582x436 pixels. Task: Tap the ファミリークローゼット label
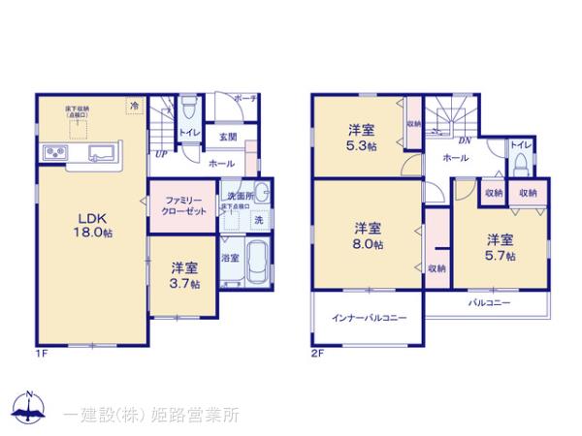pyautogui.click(x=183, y=205)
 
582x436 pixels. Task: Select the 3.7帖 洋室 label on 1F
pyautogui.click(x=186, y=275)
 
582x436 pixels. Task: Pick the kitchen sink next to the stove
pyautogui.click(x=101, y=153)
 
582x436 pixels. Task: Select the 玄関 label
pyautogui.click(x=228, y=138)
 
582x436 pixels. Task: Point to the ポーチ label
pyautogui.click(x=244, y=98)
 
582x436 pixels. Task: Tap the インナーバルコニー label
pyautogui.click(x=369, y=318)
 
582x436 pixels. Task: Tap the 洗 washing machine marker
pyautogui.click(x=257, y=220)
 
